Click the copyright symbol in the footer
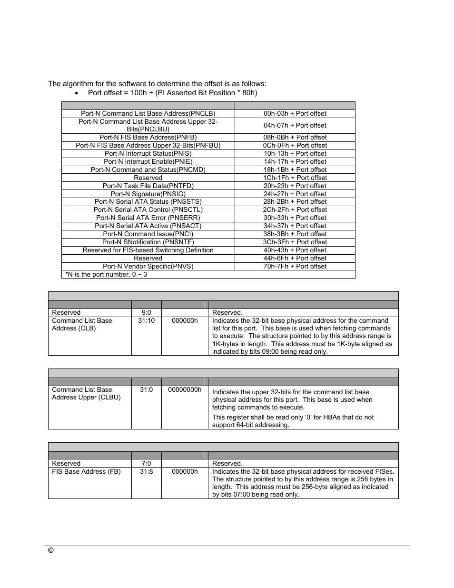coord(51,550)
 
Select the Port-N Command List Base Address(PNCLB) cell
coord(148,113)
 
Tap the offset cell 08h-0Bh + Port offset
coord(295,137)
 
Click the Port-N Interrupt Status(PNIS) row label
coord(148,153)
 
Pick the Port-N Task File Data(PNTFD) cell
coord(148,186)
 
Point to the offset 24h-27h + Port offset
coord(295,194)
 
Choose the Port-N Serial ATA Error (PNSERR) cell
coord(148,218)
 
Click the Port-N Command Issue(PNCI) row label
coord(148,234)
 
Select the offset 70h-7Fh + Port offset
coord(295,266)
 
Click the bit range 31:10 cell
coord(146,320)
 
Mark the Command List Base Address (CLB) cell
coord(82,324)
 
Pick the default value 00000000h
coord(185,389)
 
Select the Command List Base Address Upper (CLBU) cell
coord(86,393)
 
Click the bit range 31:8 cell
coord(146,471)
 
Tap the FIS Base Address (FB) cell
coord(86,471)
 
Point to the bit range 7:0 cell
coord(146,463)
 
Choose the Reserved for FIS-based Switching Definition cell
coord(148,250)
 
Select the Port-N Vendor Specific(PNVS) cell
coord(148,266)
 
